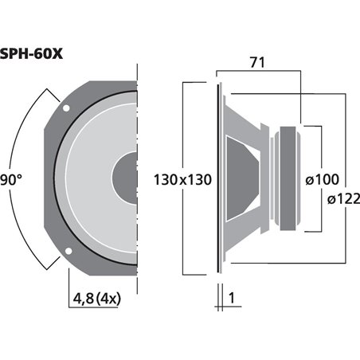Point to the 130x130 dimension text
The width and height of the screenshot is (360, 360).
[182, 180]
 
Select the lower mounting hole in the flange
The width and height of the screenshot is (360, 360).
[68, 248]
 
